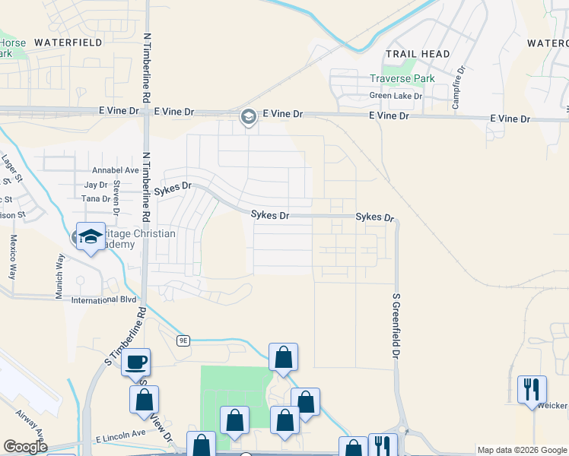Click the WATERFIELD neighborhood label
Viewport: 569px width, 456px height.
point(68,43)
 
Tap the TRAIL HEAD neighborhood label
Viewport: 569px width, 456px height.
point(418,54)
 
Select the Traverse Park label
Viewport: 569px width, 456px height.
point(402,78)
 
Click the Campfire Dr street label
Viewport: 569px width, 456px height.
point(459,87)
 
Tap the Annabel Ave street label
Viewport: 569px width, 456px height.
point(115,170)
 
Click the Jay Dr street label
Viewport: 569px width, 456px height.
point(96,185)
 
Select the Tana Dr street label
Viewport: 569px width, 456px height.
point(96,198)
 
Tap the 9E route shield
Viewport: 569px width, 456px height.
point(183,340)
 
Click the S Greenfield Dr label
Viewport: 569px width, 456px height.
point(396,327)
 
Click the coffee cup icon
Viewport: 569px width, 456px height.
point(136,363)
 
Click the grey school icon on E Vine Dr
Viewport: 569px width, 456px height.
point(247,117)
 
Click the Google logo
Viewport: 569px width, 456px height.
point(25,447)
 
